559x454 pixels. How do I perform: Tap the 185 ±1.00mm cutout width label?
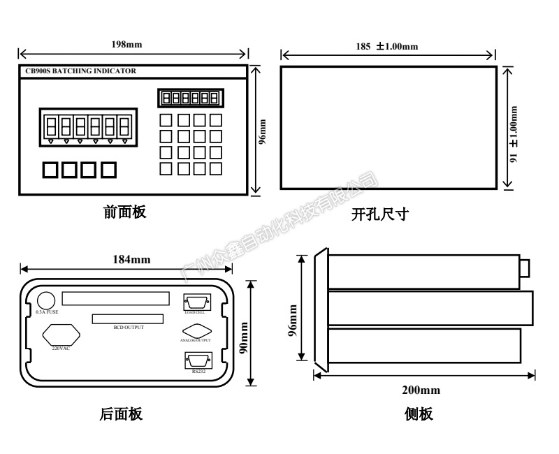coord(386,47)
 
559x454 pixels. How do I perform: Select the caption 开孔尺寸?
coord(379,215)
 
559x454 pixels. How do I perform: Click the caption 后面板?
coord(122,415)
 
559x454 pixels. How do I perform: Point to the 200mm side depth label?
coord(422,390)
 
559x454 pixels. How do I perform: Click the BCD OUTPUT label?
coord(128,327)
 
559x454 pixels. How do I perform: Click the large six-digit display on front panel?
coord(87,126)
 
